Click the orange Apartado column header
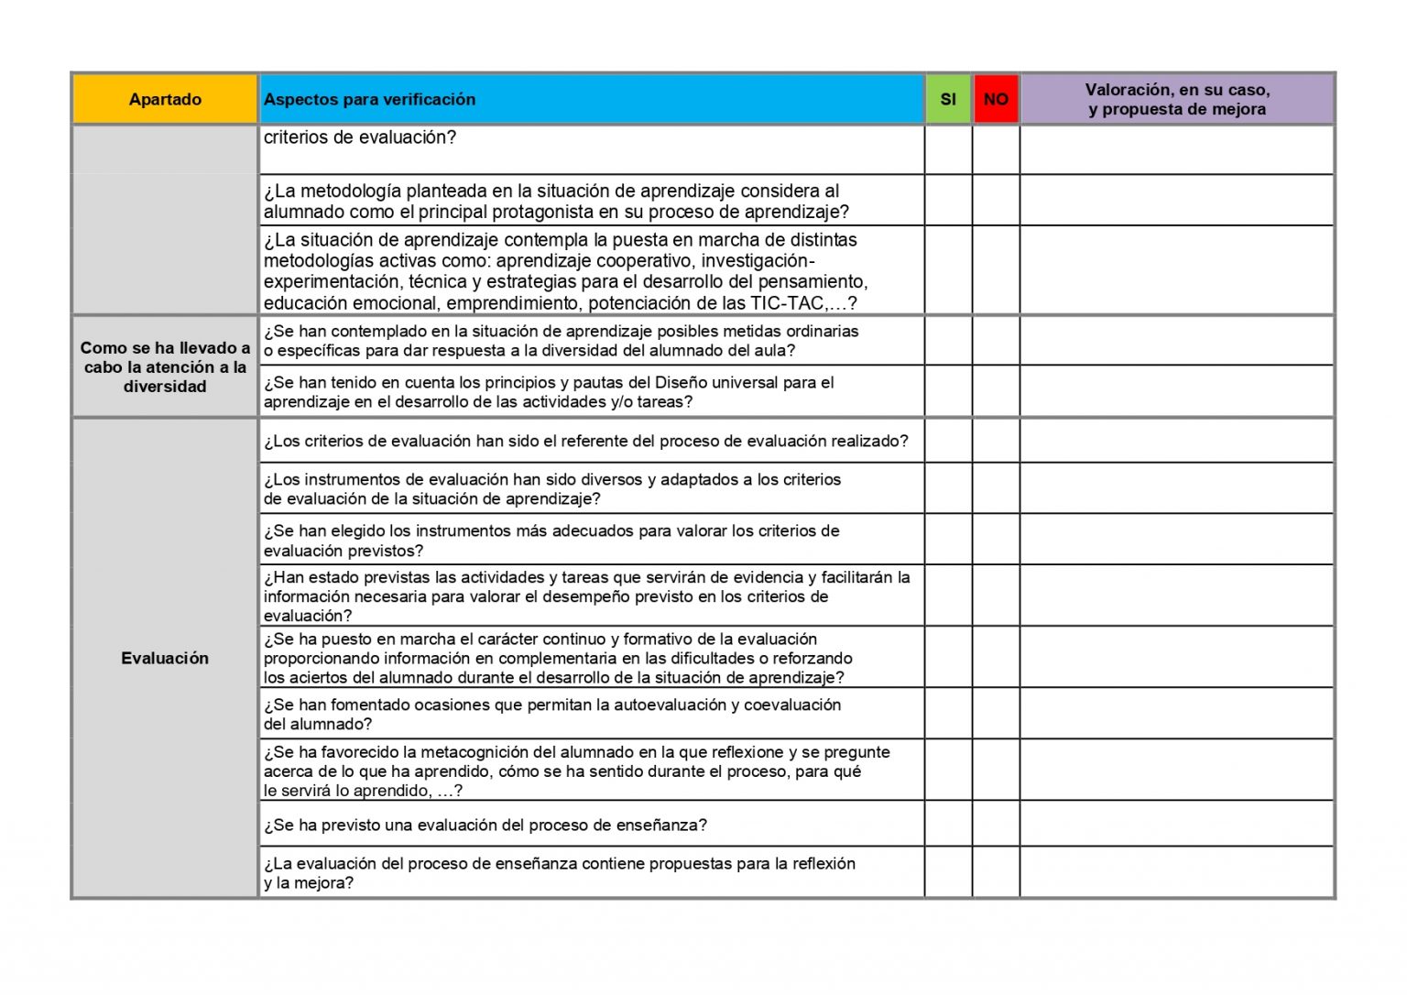click(x=165, y=99)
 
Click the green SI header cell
click(x=948, y=99)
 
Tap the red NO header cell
click(x=996, y=99)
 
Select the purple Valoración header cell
click(x=1177, y=99)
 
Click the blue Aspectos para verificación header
click(x=591, y=99)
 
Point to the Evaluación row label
click(x=165, y=658)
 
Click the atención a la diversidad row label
click(x=165, y=366)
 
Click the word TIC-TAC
click(x=787, y=303)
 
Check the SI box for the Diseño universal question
click(x=948, y=391)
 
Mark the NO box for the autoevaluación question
click(x=996, y=713)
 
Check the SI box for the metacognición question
click(x=948, y=770)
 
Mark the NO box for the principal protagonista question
click(x=996, y=200)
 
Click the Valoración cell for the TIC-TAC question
click(x=1177, y=270)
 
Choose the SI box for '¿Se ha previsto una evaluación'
click(x=948, y=824)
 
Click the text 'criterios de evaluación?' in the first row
click(x=359, y=137)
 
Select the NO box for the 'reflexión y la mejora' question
click(x=996, y=872)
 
